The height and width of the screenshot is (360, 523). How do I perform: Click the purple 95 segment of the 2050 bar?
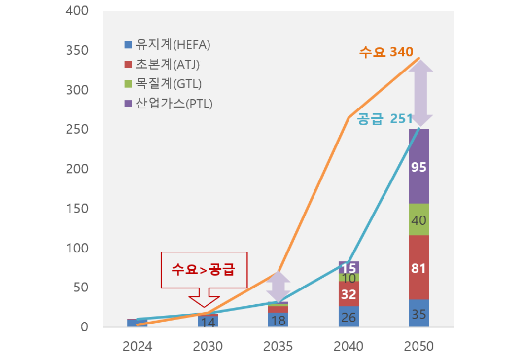click(x=418, y=167)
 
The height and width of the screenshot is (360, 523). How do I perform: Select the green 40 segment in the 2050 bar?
click(x=418, y=220)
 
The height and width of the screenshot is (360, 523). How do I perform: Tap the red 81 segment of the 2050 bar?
click(x=418, y=268)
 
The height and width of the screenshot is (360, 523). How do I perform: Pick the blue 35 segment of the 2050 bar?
click(x=418, y=314)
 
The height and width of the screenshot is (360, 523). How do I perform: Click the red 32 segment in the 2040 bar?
click(x=349, y=294)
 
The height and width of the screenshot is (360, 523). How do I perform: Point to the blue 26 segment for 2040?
click(x=349, y=317)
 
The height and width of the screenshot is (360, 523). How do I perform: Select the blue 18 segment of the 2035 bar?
click(x=279, y=320)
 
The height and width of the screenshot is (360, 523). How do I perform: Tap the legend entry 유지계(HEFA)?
click(x=168, y=45)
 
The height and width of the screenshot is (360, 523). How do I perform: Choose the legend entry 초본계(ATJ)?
click(x=162, y=64)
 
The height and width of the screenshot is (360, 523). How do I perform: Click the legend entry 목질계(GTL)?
click(x=163, y=84)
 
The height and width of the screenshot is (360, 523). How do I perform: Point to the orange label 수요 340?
click(x=386, y=52)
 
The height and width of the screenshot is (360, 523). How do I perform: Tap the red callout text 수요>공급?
click(x=203, y=270)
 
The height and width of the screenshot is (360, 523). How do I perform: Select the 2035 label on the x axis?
click(x=278, y=346)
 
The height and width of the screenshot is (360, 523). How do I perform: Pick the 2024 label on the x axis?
click(x=138, y=346)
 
